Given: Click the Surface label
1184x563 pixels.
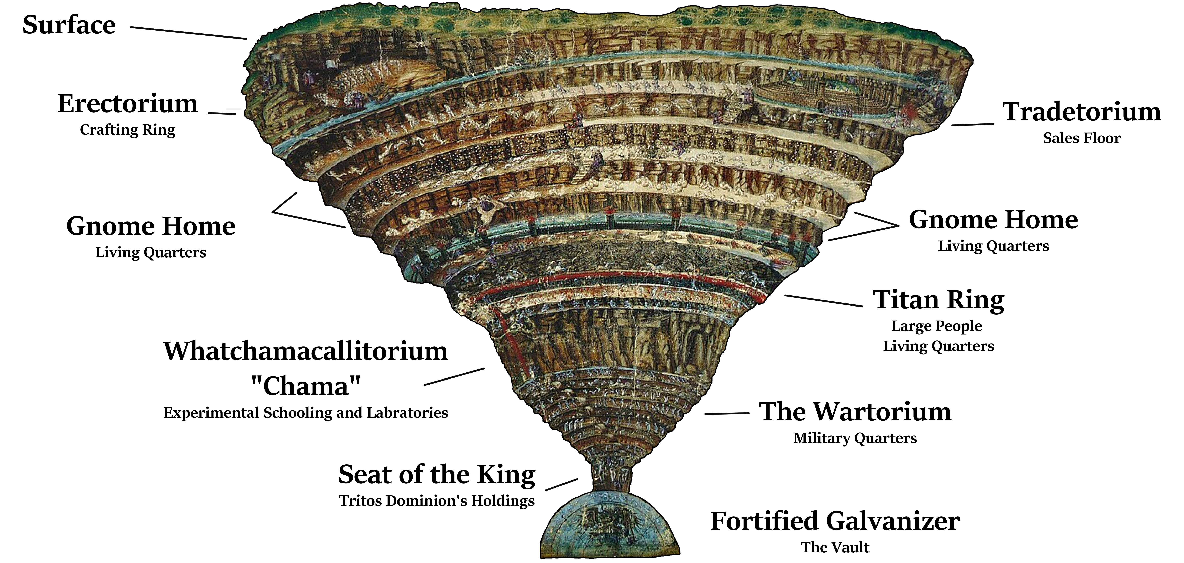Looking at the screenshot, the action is coord(69,25).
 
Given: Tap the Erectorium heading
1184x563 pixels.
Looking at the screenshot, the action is coord(127,103).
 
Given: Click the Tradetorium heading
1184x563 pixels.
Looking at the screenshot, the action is coord(1081,112).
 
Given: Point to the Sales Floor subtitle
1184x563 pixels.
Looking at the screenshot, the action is coord(1081,138).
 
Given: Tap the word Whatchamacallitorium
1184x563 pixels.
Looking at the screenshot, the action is coord(306,351).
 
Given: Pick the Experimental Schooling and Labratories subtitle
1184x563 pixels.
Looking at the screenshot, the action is coord(306,413).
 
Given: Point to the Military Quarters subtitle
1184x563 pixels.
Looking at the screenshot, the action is coord(855,438).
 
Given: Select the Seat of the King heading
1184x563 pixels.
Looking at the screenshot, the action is coord(437,475).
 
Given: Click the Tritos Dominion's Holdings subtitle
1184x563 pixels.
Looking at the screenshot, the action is coord(437,501).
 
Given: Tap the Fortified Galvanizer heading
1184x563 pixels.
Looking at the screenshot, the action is coord(835,521).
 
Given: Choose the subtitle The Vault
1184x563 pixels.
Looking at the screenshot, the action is coord(835,547).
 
